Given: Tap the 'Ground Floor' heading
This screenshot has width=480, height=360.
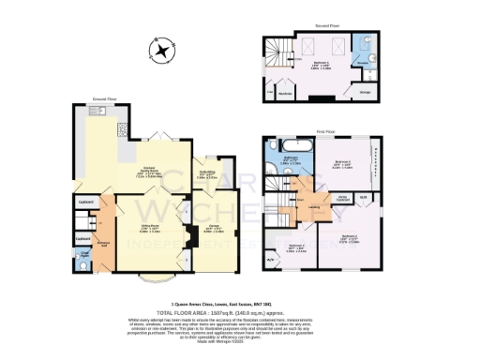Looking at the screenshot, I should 102,97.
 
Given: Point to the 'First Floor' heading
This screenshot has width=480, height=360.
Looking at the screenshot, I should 325,132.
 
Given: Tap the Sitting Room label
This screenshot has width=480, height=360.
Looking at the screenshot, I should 148,226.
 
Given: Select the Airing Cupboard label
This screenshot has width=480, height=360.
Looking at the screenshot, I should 343,198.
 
